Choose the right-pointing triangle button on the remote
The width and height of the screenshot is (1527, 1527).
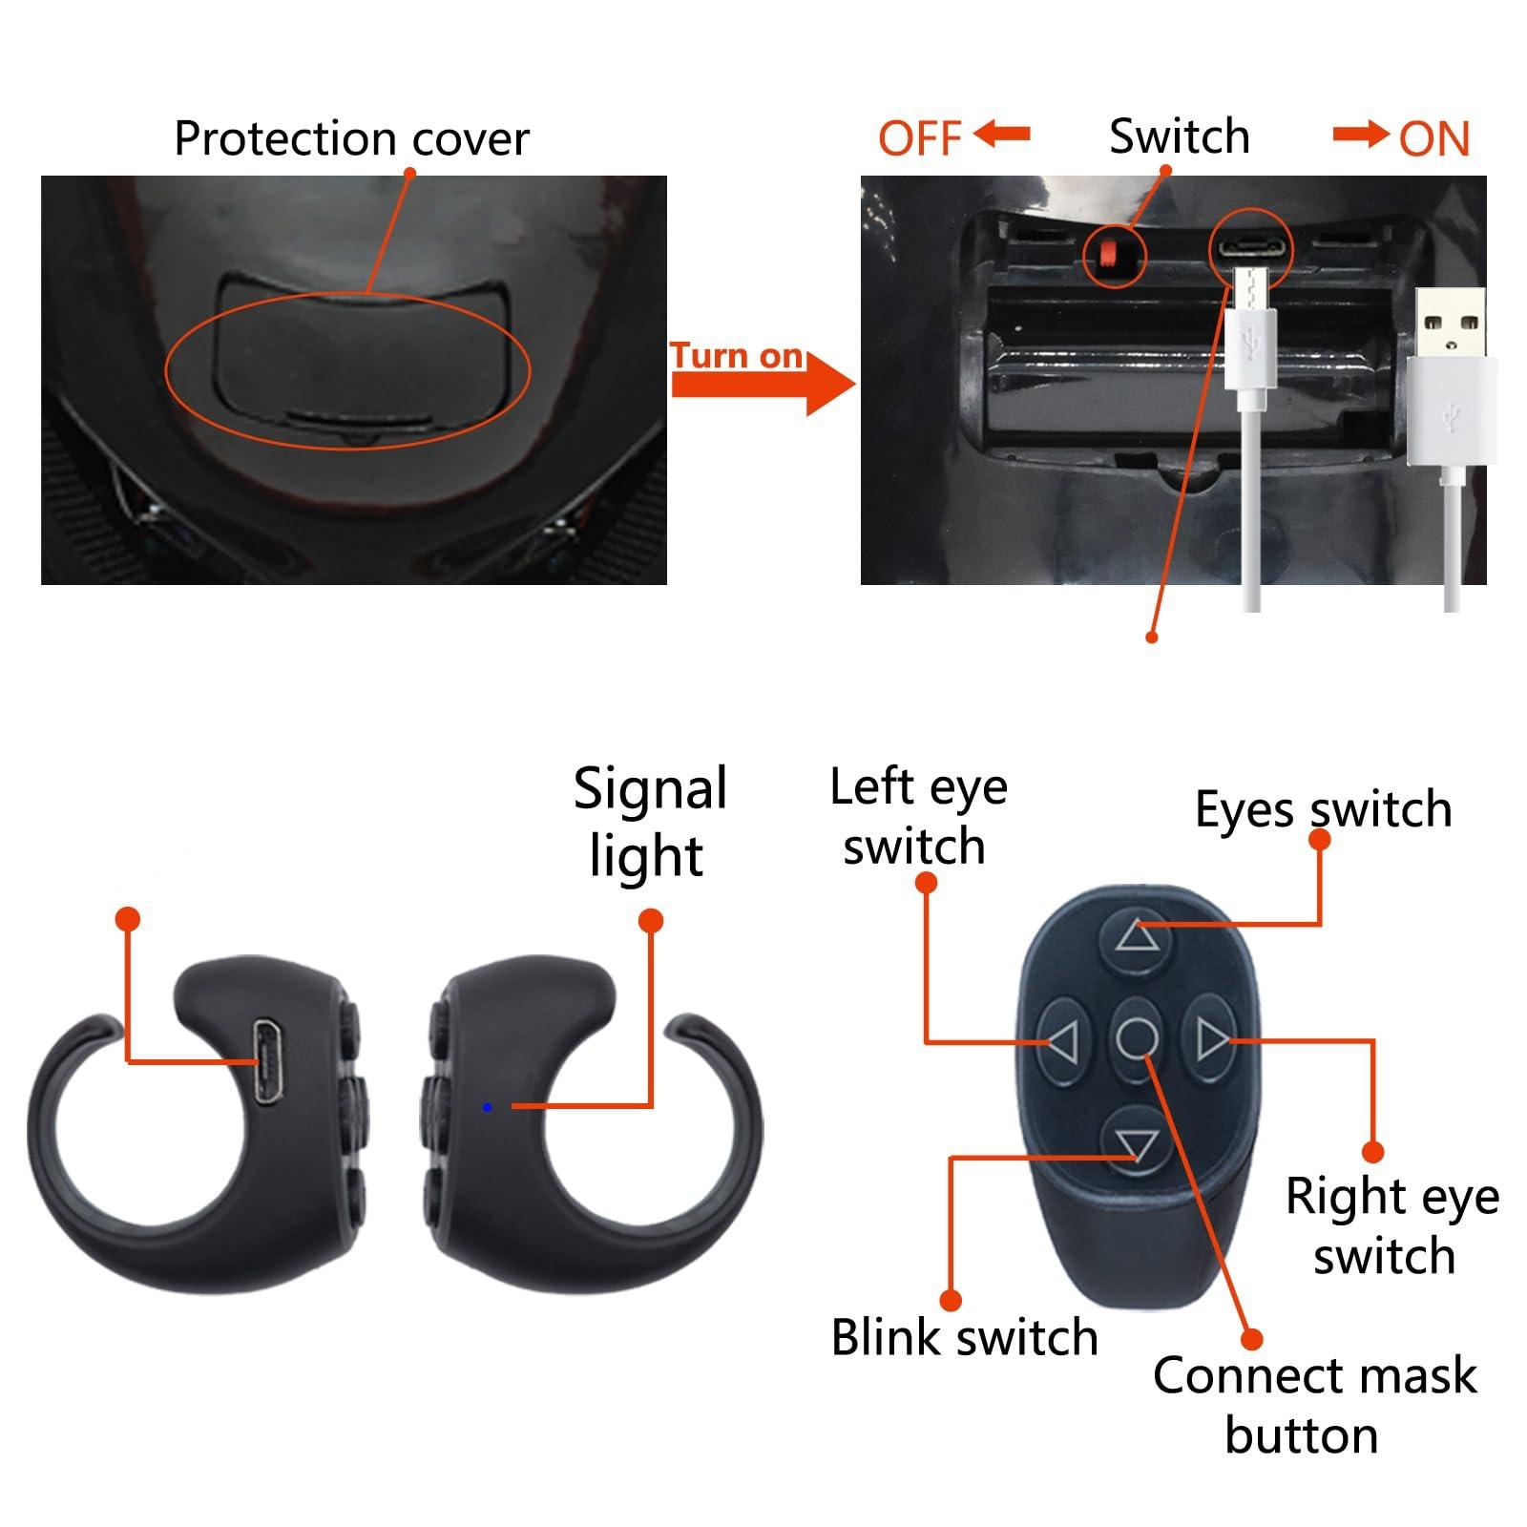[x=1212, y=1037]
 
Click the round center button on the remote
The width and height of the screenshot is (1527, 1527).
[x=1137, y=1037]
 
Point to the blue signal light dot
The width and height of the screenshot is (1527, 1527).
[x=488, y=1107]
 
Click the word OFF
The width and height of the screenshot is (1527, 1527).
[x=919, y=138]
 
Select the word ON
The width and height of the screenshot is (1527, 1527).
[x=1433, y=139]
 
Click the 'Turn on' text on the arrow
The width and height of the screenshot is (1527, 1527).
[x=736, y=356]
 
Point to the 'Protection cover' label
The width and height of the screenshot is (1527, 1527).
[x=351, y=139]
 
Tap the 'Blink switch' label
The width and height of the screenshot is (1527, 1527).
[x=964, y=1337]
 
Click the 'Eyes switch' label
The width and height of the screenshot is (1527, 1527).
[x=1323, y=809]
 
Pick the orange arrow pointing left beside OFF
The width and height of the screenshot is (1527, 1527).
[x=1001, y=135]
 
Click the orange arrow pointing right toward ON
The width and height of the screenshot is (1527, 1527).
[x=1360, y=135]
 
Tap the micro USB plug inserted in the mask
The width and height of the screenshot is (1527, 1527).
[x=1249, y=324]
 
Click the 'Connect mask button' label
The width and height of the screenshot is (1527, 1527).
[x=1313, y=1405]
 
